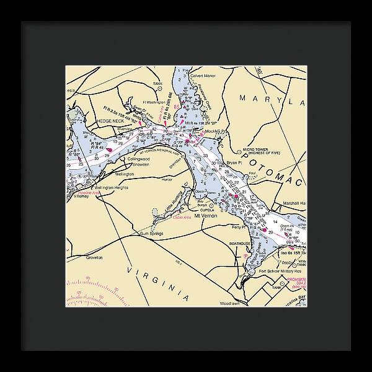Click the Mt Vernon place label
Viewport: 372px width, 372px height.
206,216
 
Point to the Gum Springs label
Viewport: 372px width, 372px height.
151,233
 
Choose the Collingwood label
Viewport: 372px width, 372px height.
139,159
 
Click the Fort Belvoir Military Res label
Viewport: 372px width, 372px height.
280,271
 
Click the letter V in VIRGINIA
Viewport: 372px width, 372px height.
130,270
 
